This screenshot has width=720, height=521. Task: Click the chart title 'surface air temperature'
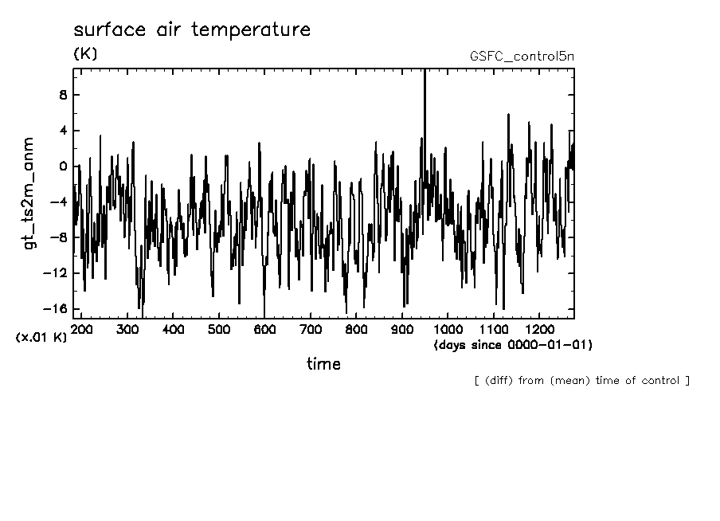(x=191, y=30)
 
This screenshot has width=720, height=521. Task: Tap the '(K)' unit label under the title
(x=85, y=54)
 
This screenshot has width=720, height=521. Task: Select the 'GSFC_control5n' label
(x=522, y=57)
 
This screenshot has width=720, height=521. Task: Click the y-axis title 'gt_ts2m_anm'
(x=29, y=193)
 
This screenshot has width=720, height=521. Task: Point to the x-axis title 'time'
(x=323, y=364)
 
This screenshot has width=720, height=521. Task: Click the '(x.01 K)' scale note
(x=41, y=337)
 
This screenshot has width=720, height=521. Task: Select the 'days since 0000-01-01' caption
(x=513, y=345)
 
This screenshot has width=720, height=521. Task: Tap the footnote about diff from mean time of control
(x=581, y=380)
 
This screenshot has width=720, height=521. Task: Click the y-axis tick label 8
(x=62, y=95)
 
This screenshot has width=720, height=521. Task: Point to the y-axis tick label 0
(x=62, y=166)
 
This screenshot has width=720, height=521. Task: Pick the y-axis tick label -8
(x=58, y=237)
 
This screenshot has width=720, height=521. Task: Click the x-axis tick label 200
(x=81, y=329)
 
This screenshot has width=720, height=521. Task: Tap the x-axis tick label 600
(x=264, y=329)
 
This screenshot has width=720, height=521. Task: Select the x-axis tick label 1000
(x=448, y=329)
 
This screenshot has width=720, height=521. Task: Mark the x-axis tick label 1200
(x=539, y=329)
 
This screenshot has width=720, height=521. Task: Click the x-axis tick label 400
(x=173, y=329)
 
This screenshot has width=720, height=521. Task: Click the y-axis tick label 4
(x=62, y=131)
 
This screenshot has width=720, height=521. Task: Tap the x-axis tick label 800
(x=356, y=329)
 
